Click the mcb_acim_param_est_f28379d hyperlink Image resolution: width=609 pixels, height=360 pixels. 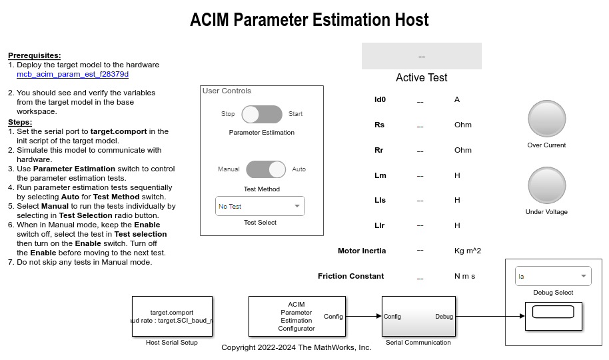tap(73, 74)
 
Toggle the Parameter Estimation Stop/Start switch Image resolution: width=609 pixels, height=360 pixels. tap(262, 114)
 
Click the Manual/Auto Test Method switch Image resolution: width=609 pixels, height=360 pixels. tap(266, 169)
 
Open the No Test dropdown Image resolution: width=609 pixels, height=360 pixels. tap(260, 206)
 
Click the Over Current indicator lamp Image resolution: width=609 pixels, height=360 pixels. tap(546, 119)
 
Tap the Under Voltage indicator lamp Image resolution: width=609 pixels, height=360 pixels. tap(546, 185)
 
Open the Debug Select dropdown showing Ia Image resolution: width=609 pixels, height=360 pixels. tap(554, 276)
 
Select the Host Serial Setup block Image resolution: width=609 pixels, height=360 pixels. tap(172, 316)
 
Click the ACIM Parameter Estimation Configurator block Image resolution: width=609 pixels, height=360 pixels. tap(297, 316)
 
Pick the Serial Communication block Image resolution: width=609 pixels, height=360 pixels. tap(418, 316)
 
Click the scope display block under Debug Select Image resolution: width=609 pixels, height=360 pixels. tap(554, 315)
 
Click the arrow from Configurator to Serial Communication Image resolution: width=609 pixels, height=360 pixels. tap(362, 317)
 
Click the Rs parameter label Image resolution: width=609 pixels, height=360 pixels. tap(379, 125)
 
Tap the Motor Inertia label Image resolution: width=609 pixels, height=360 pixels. tap(362, 251)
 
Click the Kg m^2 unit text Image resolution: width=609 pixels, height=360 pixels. tap(467, 251)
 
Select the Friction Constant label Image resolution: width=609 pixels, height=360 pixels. tap(351, 276)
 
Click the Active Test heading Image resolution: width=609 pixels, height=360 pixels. tap(421, 77)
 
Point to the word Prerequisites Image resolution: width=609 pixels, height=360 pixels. tap(35, 55)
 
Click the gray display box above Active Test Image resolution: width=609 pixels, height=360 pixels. tap(421, 56)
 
